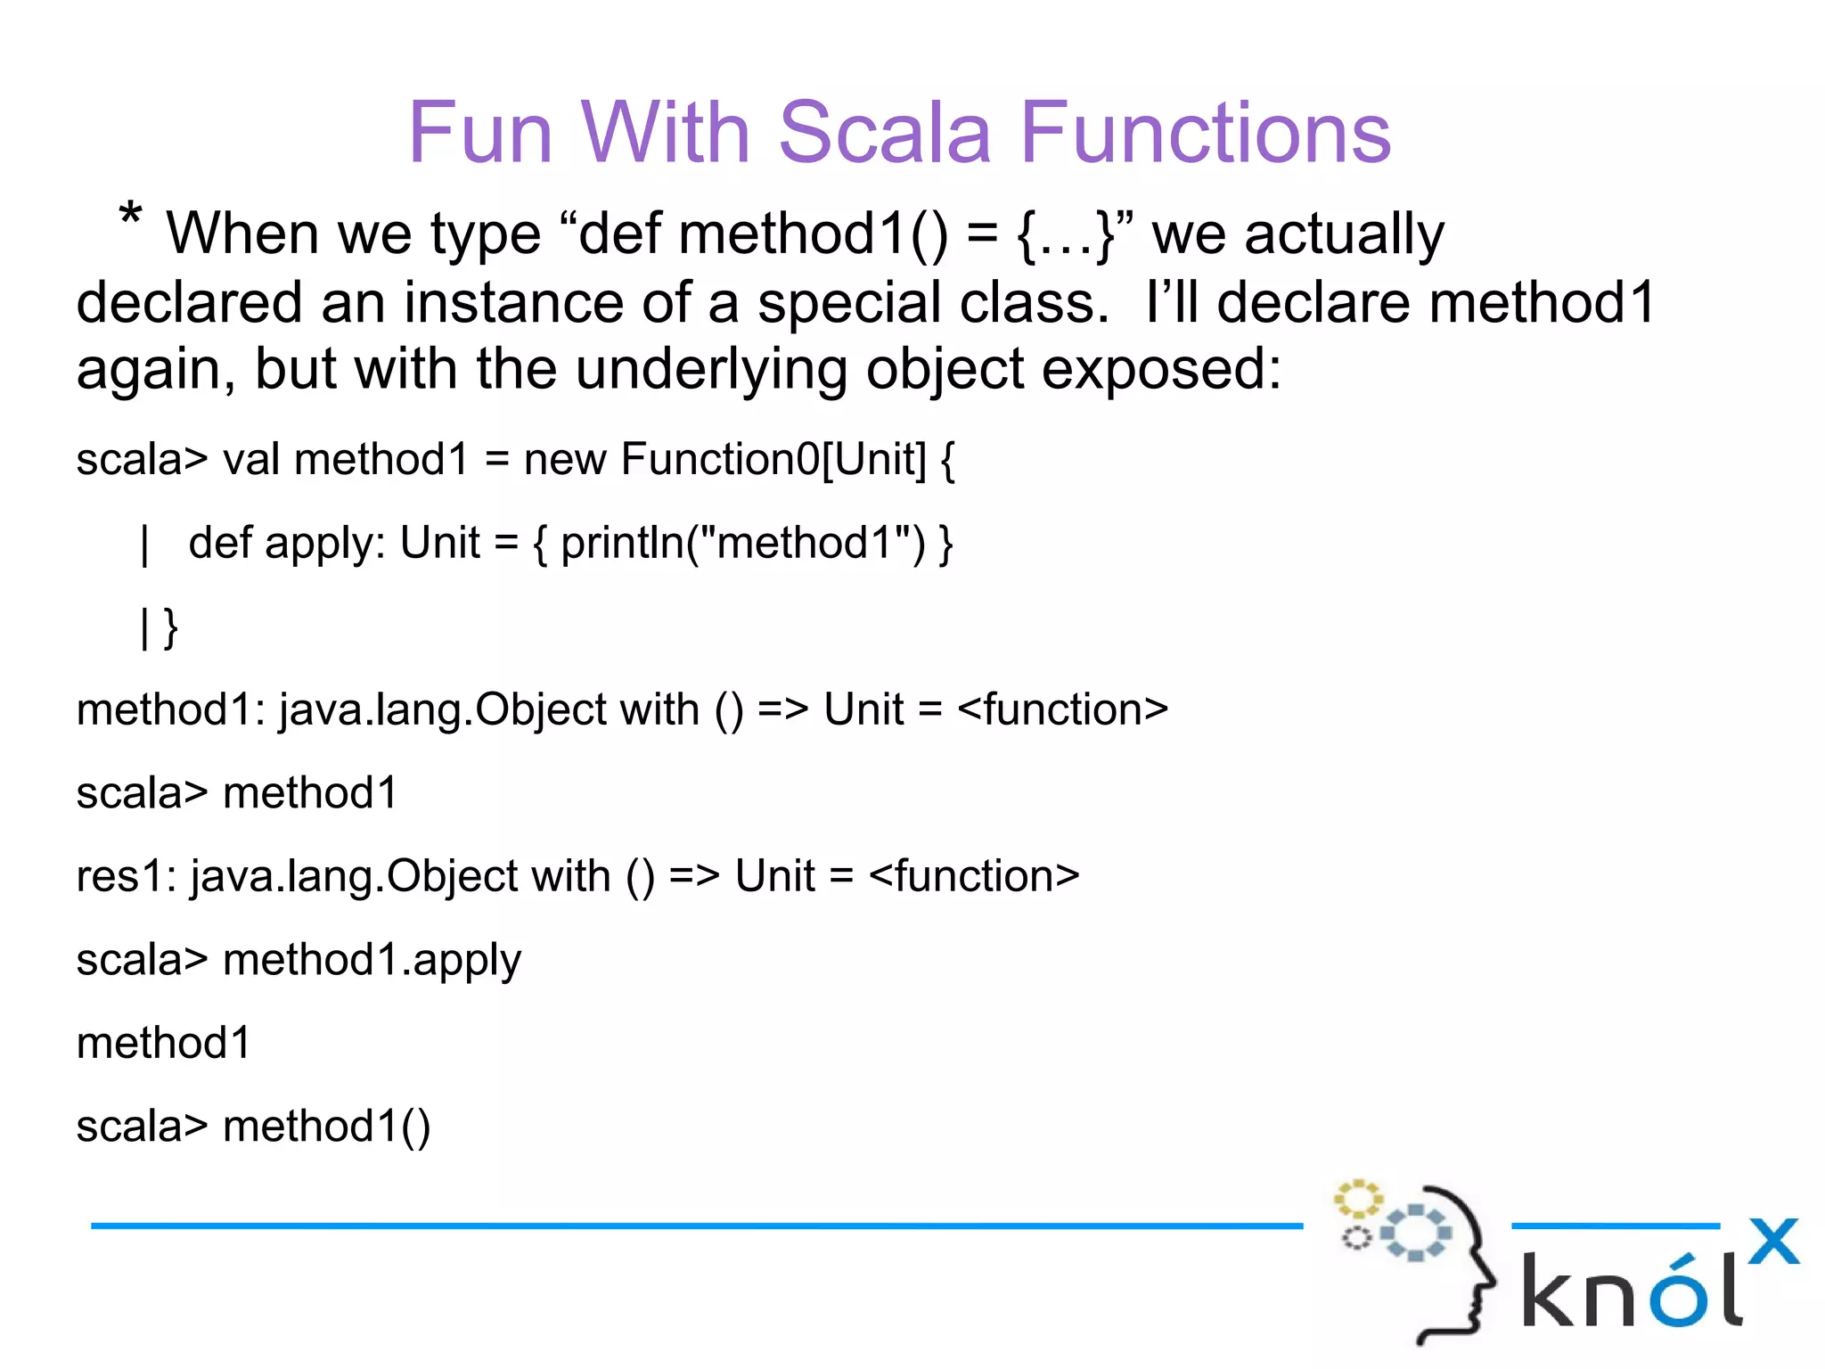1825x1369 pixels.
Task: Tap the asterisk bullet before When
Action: (130, 217)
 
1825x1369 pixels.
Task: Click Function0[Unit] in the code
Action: (773, 460)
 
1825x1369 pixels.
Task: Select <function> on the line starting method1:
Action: (1062, 709)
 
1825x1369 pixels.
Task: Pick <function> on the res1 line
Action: (973, 876)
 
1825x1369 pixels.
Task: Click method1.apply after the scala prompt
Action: (372, 961)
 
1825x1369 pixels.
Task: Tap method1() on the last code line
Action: (326, 1127)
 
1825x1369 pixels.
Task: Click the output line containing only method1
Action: (164, 1043)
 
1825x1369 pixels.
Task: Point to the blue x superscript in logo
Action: (1773, 1241)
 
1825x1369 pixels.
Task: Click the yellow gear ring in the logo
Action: (1357, 1200)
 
